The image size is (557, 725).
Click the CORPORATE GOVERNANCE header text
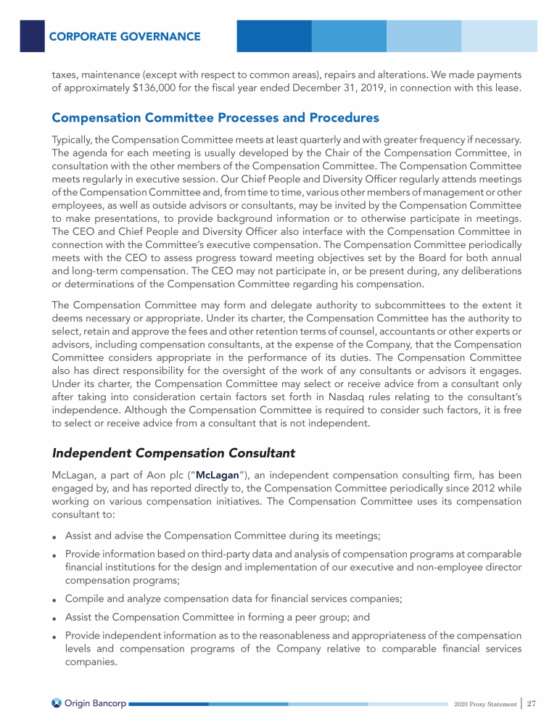pyautogui.click(x=125, y=36)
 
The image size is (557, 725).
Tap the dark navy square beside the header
pyautogui.click(x=32, y=36)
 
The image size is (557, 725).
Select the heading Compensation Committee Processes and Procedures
pyautogui.click(x=215, y=117)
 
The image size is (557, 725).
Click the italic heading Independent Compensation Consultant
pyautogui.click(x=174, y=453)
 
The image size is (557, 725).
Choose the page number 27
pyautogui.click(x=532, y=703)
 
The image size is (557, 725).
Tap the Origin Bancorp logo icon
pyautogui.click(x=57, y=703)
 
